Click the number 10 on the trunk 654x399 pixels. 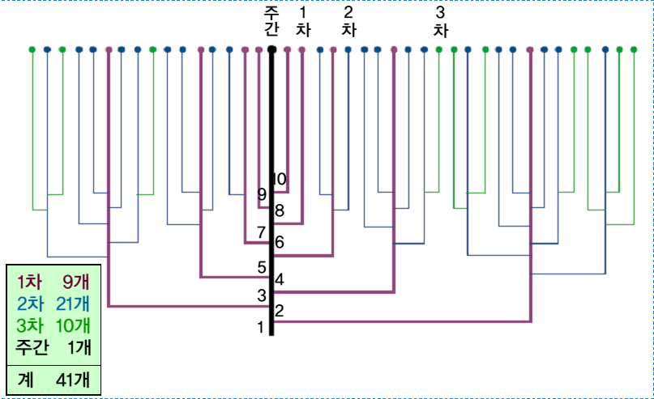[x=280, y=179]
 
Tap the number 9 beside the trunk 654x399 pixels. [x=261, y=194]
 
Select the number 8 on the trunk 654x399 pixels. [x=280, y=211]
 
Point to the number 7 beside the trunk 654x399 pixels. [x=261, y=233]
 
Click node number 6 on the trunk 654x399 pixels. [x=280, y=241]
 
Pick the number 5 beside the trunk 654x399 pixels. [x=261, y=267]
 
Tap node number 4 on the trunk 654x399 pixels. [x=280, y=280]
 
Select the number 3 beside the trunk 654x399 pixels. [x=261, y=295]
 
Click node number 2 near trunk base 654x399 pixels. [x=280, y=309]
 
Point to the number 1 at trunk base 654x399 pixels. [x=261, y=328]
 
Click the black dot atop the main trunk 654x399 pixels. [x=271, y=49]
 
